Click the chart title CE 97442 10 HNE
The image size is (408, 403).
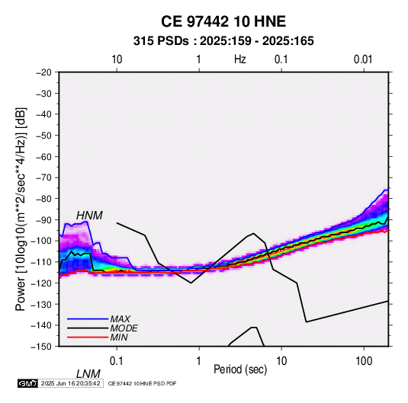pos(223,21)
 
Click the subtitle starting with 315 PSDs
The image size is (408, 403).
pos(223,41)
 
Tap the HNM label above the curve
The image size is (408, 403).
pos(89,216)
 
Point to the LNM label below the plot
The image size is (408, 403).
pos(88,374)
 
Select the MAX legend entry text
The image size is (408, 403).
pos(120,318)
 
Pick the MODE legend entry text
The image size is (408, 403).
pos(124,328)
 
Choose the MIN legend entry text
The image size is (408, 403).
pos(119,337)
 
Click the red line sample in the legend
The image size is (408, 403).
pos(88,337)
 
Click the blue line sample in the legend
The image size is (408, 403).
pos(88,318)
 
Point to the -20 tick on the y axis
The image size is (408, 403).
pos(43,72)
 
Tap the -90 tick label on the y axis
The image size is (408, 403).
pos(43,219)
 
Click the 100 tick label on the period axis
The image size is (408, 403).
pos(364,361)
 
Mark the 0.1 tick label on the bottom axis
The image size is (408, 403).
pos(117,361)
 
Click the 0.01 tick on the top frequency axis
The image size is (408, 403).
pos(363,59)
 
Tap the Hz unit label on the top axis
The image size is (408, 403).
pos(240,59)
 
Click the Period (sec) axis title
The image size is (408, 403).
pos(240,369)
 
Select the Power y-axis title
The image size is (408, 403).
pos(21,209)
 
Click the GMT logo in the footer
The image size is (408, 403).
pos(27,383)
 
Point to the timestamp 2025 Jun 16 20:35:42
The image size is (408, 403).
pos(70,383)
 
